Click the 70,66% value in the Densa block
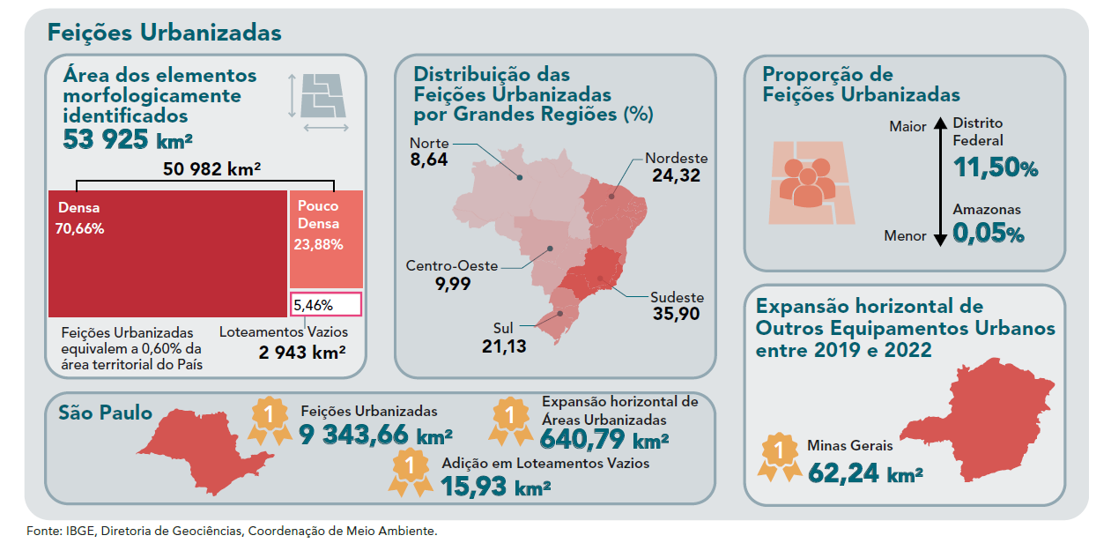79,229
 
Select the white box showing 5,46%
326,304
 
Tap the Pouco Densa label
318,214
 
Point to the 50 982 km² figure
211,168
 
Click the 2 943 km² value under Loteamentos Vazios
302,353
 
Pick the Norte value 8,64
428,160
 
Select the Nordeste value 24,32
676,175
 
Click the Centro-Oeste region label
452,265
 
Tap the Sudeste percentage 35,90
676,314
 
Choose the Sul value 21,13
504,346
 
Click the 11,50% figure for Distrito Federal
995,167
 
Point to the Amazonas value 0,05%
988,234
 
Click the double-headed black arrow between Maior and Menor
940,182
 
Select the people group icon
807,182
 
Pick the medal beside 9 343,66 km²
270,420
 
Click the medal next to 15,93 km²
411,472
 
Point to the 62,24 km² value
865,473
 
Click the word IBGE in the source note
80,531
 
